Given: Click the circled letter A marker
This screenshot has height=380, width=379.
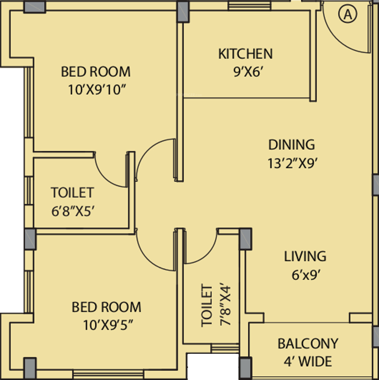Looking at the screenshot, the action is [x=348, y=14].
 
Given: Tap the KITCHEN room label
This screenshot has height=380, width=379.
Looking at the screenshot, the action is [x=245, y=54].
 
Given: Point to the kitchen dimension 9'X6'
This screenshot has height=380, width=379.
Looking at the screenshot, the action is [x=248, y=72].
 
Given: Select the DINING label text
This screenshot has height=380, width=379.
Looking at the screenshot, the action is [x=291, y=145].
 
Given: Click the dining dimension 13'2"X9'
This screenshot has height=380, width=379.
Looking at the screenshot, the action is [x=292, y=163].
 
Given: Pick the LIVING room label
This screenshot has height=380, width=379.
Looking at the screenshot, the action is [x=305, y=256].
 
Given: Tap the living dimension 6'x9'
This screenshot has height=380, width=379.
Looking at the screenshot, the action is [x=306, y=275].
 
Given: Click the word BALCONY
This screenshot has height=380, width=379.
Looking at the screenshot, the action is [x=308, y=344].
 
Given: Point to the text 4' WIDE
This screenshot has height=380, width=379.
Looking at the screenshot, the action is [x=308, y=361].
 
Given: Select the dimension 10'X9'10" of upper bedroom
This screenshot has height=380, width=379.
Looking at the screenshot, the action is [x=97, y=90].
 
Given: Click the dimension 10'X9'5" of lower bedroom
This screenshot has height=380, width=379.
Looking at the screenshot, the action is [x=108, y=325].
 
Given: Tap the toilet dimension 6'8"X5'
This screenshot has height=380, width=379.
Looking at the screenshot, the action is [x=73, y=211].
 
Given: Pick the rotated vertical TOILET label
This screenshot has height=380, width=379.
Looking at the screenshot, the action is [x=207, y=306].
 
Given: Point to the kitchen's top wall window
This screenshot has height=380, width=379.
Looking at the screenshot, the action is [x=249, y=6].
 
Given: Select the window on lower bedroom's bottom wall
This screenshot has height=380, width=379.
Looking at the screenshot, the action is [x=108, y=374].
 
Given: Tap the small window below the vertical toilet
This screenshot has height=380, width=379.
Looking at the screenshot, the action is [x=225, y=348].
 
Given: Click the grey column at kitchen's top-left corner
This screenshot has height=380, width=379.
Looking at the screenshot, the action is [x=183, y=12].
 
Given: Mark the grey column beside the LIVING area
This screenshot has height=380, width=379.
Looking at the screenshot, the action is [x=246, y=239].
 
